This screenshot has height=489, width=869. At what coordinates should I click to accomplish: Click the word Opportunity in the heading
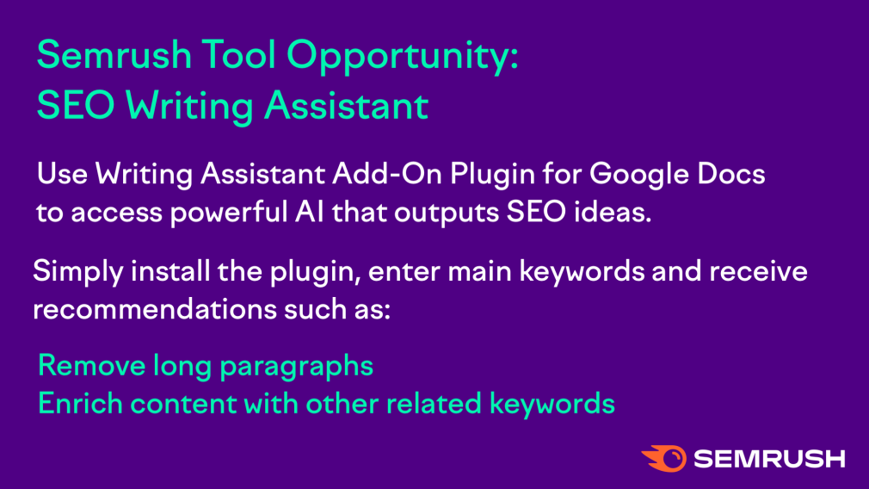pyautogui.click(x=403, y=57)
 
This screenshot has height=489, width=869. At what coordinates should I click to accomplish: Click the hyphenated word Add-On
pyautogui.click(x=387, y=174)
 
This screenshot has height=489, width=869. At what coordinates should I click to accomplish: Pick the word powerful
pyautogui.click(x=228, y=213)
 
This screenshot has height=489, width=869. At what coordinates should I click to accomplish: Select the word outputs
pyautogui.click(x=447, y=214)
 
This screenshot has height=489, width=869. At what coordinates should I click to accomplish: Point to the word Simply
pyautogui.click(x=78, y=273)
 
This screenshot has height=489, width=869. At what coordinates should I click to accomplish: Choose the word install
pyautogui.click(x=170, y=271)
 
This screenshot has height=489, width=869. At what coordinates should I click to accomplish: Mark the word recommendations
pyautogui.click(x=155, y=309)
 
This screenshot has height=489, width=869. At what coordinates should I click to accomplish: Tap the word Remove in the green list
pyautogui.click(x=92, y=366)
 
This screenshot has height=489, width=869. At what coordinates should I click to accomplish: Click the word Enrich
pyautogui.click(x=80, y=404)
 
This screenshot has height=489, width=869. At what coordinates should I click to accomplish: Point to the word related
pyautogui.click(x=434, y=404)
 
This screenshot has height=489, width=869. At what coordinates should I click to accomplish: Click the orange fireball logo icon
pyautogui.click(x=664, y=459)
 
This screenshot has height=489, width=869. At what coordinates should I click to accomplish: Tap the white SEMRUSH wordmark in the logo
pyautogui.click(x=769, y=459)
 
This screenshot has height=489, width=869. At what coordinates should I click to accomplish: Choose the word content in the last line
pyautogui.click(x=183, y=404)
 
